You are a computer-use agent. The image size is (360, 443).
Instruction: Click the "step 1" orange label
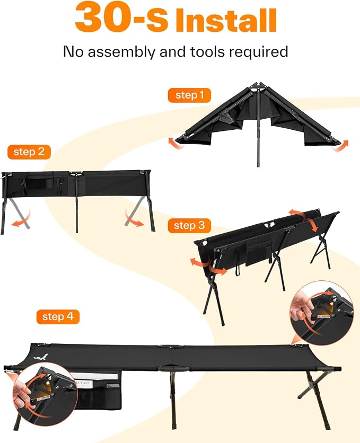[x=189, y=95]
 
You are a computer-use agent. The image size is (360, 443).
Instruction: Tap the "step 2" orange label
[x=29, y=152]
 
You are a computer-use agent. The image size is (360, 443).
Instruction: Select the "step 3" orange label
[x=189, y=225]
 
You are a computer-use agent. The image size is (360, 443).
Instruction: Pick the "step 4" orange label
[x=58, y=317]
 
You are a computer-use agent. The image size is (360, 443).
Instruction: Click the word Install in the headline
[x=225, y=20]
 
